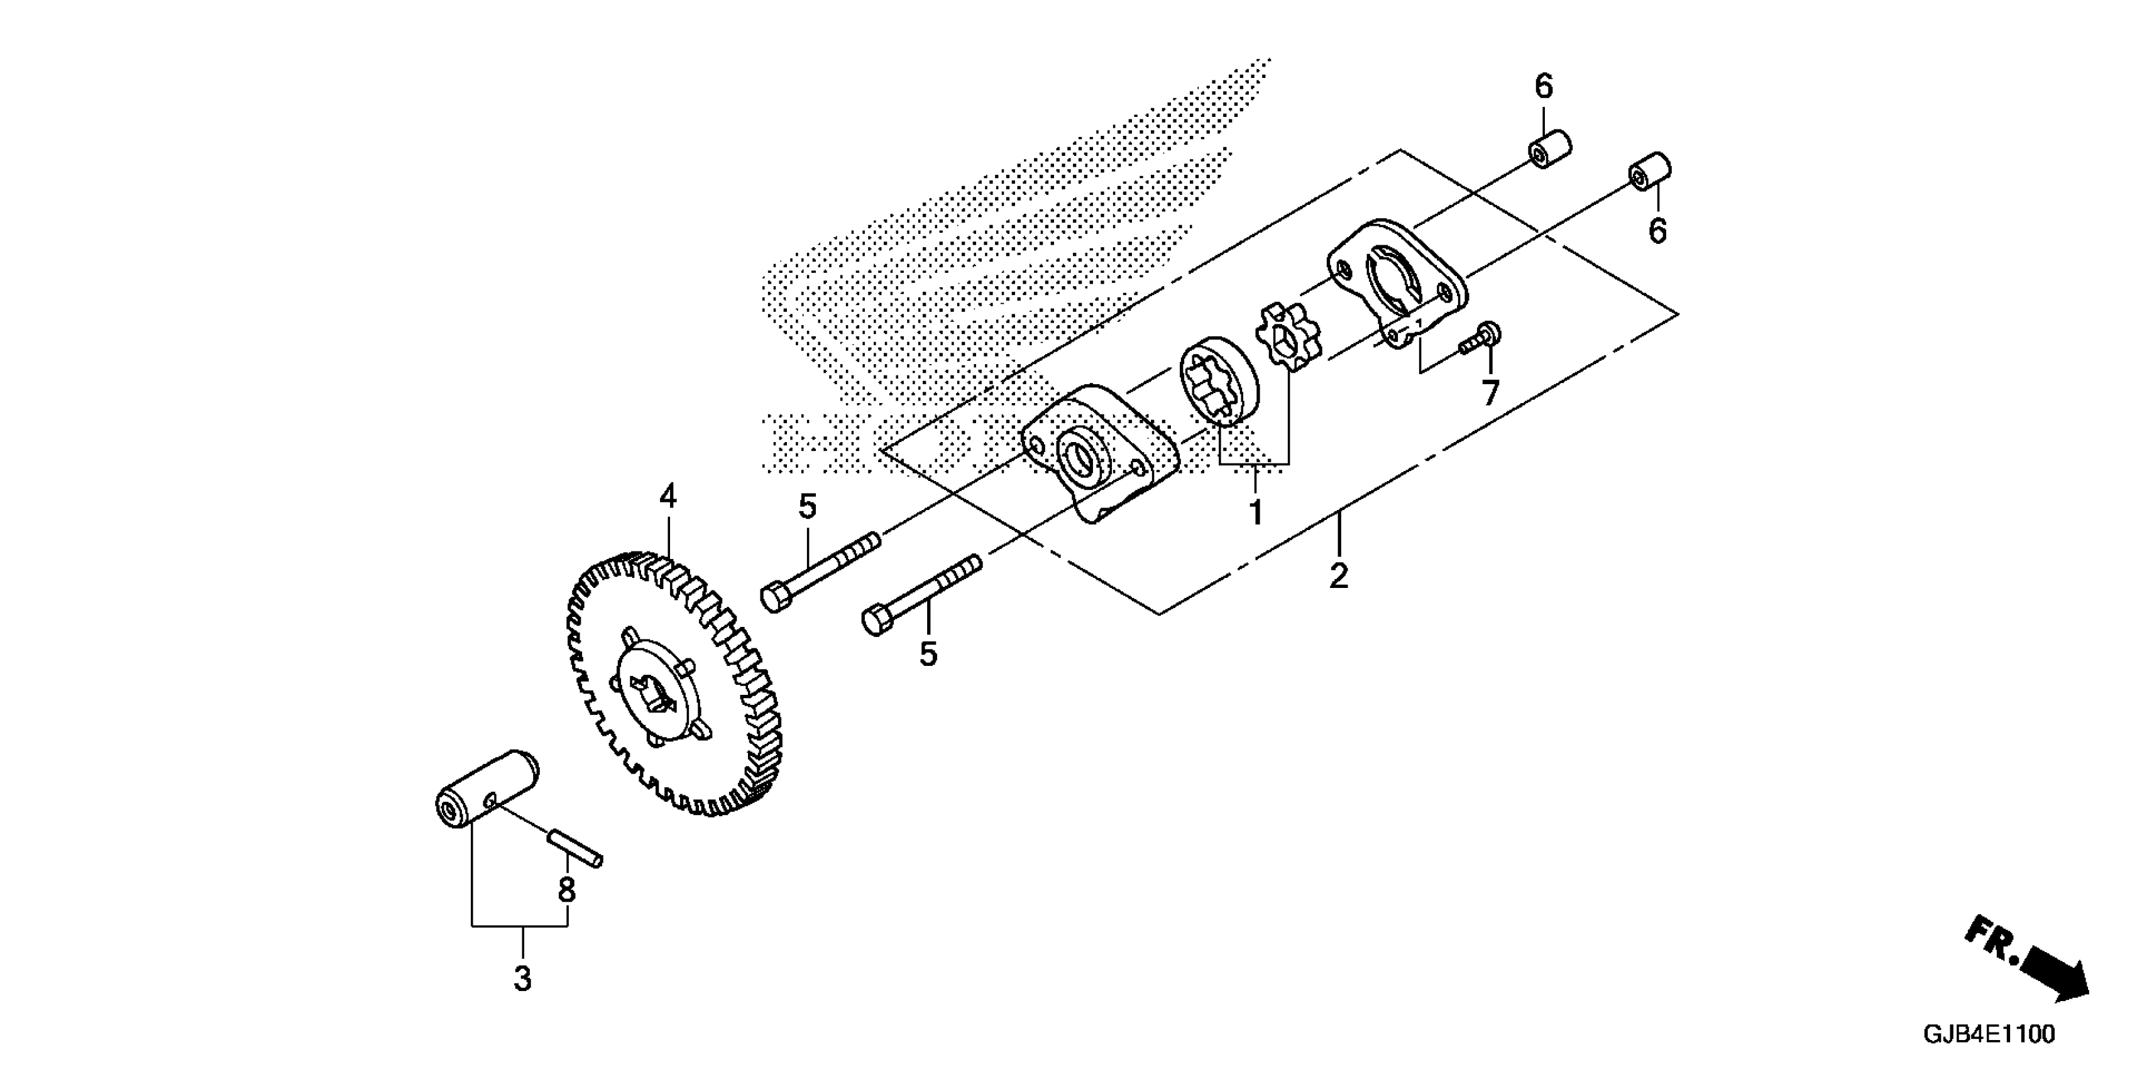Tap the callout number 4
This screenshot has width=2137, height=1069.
tap(667, 497)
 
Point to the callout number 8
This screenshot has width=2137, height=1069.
tap(566, 890)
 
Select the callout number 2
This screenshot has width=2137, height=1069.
tap(1339, 576)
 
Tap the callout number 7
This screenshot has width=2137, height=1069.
tap(1491, 392)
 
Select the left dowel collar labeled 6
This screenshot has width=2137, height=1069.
tap(1549, 150)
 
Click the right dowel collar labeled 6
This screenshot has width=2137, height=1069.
tap(1649, 172)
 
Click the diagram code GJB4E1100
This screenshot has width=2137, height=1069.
tap(1989, 1035)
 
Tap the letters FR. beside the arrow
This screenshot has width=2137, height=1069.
tap(1991, 942)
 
